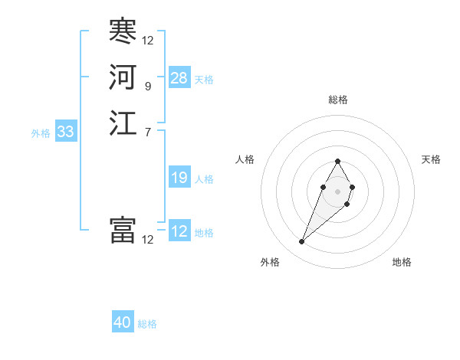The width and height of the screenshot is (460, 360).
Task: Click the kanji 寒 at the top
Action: [x=123, y=31]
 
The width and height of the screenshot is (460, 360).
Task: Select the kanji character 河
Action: [x=123, y=77]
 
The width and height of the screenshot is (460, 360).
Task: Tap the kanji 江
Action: [x=123, y=123]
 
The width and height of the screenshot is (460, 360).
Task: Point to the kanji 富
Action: [x=123, y=231]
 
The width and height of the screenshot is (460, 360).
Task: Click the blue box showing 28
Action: [x=179, y=78]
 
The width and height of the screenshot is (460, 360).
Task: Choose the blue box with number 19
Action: [x=179, y=178]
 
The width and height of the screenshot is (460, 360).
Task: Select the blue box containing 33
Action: [x=66, y=132]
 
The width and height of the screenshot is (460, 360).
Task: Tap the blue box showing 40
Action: [x=123, y=322]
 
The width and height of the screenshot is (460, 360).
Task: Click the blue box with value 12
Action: [x=179, y=231]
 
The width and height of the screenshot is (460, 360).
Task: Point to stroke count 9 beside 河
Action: [x=147, y=87]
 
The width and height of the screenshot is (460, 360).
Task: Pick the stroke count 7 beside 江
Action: [x=147, y=133]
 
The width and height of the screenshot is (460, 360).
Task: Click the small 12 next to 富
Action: [x=147, y=240]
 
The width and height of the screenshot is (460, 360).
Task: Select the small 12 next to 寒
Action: [x=147, y=41]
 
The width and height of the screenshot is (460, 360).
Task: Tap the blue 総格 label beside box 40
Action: [x=147, y=324]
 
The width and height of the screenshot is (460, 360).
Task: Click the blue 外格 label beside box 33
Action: [x=41, y=133]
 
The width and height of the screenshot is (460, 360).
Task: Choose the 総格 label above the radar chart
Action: [x=338, y=100]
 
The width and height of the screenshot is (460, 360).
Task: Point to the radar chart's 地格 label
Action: [x=402, y=262]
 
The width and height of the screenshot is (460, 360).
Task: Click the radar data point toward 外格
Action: [x=301, y=242]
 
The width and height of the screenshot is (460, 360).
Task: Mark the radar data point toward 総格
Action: [x=337, y=161]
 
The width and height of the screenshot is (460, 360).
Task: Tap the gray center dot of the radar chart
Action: [x=337, y=189]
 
